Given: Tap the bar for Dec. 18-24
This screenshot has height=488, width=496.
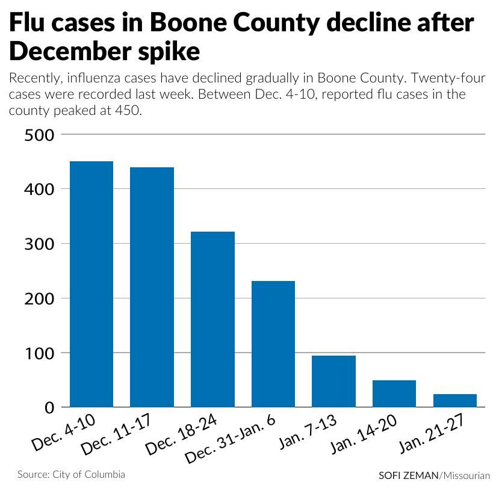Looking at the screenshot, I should pos(212,319).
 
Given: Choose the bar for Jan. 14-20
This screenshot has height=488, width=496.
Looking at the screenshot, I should pos(394,394).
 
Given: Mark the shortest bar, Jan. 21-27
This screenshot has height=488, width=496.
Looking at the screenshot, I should pos(455,401).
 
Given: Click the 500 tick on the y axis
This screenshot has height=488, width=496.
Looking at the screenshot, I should pos(40,135).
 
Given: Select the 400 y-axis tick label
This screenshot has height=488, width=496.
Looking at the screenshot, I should pos(40,190).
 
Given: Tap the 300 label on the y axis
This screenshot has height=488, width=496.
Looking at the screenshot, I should pos(40,244).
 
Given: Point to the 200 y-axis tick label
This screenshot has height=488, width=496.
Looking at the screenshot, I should pos(40,298).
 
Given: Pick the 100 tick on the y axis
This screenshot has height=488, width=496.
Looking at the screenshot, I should pos(40,353).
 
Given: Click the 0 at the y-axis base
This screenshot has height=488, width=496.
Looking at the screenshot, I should pos(49,407).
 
